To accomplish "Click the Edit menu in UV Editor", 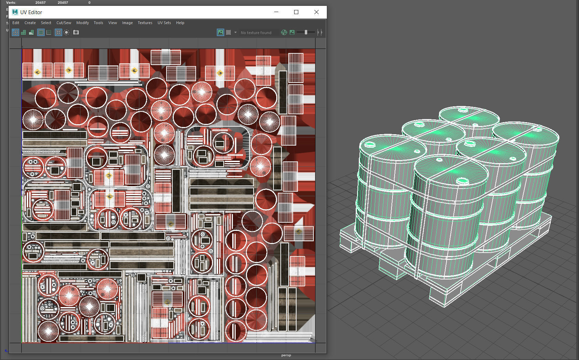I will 16,23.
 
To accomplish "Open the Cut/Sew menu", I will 64,23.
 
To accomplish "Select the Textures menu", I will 145,23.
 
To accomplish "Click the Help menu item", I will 180,23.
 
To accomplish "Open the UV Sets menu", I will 164,23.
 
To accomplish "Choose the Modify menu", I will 83,23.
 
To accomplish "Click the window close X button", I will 316,12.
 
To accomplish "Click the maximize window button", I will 296,12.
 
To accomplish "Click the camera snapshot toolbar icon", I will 76,32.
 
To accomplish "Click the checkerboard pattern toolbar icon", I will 228,32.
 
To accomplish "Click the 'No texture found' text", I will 256,33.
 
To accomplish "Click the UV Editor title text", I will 31,12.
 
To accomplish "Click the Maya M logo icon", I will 15,12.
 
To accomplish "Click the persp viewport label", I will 286,355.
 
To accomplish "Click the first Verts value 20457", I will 40,2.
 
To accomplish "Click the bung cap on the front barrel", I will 463,180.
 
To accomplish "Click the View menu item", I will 112,23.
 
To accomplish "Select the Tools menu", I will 98,23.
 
